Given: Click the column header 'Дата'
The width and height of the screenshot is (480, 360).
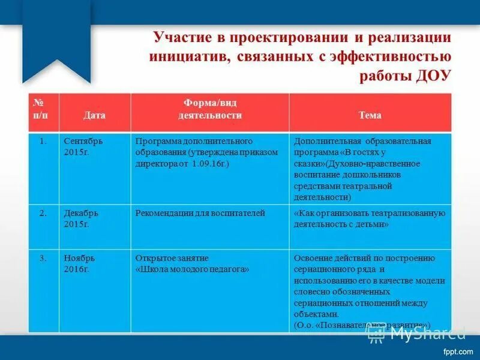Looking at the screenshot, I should click(94, 115).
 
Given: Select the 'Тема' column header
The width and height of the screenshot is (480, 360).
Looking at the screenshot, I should click(370, 115).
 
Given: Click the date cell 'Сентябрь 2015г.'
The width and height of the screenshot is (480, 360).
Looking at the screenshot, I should click(83, 146).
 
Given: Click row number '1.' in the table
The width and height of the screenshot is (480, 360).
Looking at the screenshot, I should click(43, 141).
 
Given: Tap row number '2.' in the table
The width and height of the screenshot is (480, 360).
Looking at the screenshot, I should click(43, 213).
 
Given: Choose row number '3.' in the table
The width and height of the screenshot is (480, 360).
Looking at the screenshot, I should click(43, 259).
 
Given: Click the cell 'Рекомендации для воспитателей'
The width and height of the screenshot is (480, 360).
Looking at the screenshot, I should click(200, 213).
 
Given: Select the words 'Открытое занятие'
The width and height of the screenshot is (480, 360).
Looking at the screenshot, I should click(172, 258).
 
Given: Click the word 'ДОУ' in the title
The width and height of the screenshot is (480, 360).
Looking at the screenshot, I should click(430, 76).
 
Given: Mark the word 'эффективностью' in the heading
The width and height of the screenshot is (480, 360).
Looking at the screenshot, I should click(395, 56).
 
